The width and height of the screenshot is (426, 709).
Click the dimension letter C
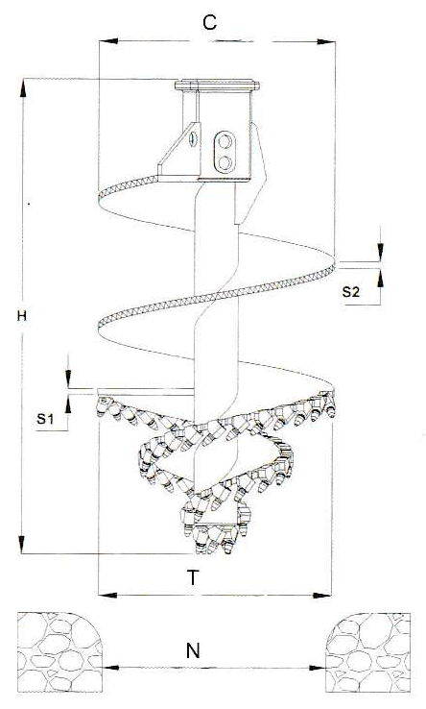[209, 22]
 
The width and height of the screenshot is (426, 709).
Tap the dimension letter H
[22, 316]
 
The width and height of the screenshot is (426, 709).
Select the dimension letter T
[193, 577]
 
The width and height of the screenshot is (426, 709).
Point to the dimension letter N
[193, 650]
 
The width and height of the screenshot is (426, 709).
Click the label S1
[45, 419]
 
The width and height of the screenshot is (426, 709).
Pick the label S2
[350, 292]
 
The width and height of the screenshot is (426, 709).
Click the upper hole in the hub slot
[225, 142]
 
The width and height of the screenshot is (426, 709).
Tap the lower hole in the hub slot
[225, 161]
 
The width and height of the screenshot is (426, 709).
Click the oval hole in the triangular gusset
[194, 138]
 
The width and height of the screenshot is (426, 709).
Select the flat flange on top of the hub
[217, 85]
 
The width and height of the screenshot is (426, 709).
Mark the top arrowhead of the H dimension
[22, 86]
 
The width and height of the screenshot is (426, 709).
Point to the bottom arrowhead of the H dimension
[22, 545]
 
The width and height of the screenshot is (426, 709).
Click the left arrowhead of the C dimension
[108, 41]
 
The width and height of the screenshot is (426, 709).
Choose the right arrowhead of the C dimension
[325, 41]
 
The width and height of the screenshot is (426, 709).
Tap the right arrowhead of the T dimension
[322, 595]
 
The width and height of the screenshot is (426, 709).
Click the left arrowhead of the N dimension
[110, 668]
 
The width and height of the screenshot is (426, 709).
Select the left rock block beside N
[59, 652]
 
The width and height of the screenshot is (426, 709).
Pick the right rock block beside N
[367, 652]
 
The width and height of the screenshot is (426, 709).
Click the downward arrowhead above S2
[380, 253]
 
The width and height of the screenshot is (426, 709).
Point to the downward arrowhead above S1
[68, 379]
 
